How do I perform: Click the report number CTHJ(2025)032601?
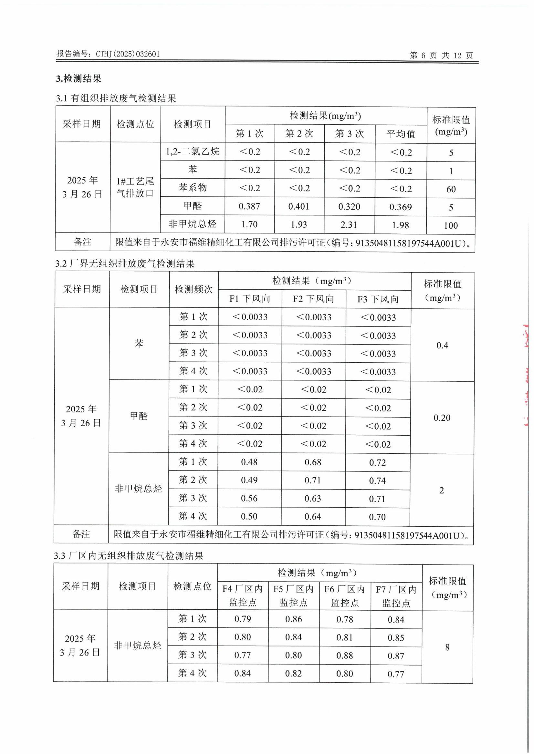tap(128, 54)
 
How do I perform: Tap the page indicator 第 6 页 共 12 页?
tap(441, 55)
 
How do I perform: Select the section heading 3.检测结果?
tap(79, 78)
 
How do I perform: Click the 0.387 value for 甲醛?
tap(249, 206)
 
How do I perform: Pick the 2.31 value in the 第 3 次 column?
tap(349, 224)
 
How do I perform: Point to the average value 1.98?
tap(400, 225)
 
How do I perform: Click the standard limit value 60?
tap(451, 189)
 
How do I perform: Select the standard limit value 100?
tap(450, 226)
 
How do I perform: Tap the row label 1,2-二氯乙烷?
tap(193, 151)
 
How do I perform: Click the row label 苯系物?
tap(193, 187)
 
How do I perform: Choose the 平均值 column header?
tap(401, 134)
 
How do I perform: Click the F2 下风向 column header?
tap(313, 299)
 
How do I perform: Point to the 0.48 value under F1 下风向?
tap(249, 462)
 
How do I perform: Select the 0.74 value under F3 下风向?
tap(377, 481)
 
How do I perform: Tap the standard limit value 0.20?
tap(442, 418)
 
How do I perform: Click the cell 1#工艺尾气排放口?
tap(135, 187)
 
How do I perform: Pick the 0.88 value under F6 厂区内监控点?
tap(344, 655)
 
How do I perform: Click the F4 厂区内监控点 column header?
tap(243, 595)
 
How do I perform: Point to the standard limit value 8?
tap(447, 647)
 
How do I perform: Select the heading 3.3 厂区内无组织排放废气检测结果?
tap(129, 556)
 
